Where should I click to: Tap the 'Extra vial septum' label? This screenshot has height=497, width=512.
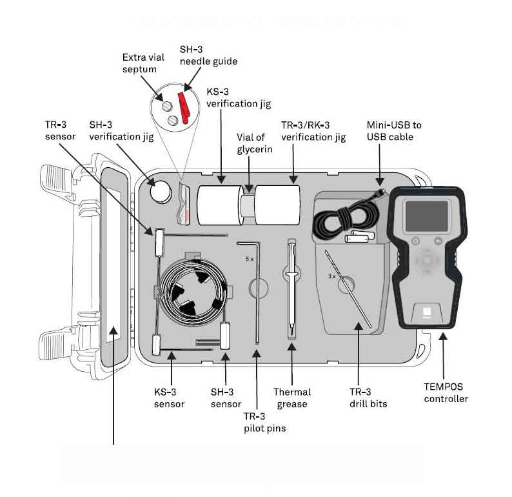tap(139, 63)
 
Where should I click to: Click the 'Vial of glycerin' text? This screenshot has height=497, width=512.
tap(255, 143)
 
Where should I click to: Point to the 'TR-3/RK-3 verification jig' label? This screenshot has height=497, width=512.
tap(313, 131)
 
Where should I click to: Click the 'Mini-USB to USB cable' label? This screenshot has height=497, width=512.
tap(394, 130)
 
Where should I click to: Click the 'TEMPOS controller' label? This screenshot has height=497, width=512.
tap(446, 392)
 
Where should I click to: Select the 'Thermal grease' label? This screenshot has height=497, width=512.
tap(292, 398)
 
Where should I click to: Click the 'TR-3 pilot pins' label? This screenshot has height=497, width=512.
tap(264, 421)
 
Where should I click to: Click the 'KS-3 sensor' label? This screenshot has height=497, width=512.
tap(169, 398)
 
